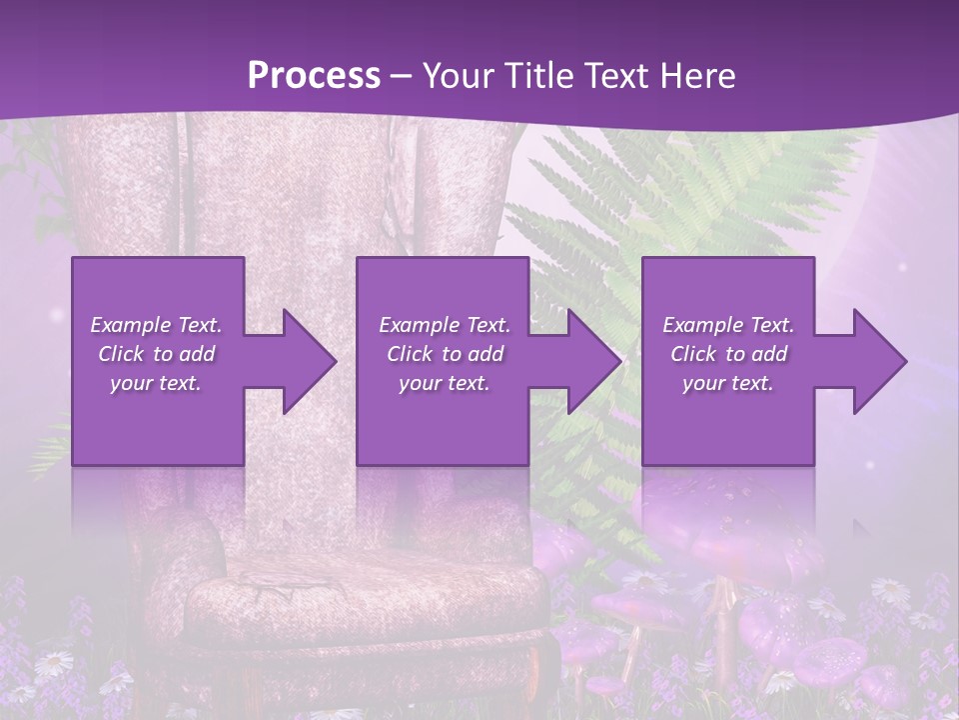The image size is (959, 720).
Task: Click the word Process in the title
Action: pyautogui.click(x=314, y=76)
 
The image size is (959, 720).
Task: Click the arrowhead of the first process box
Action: pyautogui.click(x=305, y=361)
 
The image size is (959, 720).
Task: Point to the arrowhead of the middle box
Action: pyautogui.click(x=589, y=361)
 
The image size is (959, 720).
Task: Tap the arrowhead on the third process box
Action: pyautogui.click(x=875, y=361)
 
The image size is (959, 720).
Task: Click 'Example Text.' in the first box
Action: pyautogui.click(x=157, y=325)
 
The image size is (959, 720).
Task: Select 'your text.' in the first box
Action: pyautogui.click(x=157, y=383)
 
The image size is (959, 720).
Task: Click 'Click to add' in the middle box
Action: pyautogui.click(x=445, y=354)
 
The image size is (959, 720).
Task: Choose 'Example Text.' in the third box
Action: pyautogui.click(x=728, y=325)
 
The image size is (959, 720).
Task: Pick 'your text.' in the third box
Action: pyautogui.click(x=728, y=383)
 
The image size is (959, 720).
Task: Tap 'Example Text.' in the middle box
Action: pyautogui.click(x=445, y=325)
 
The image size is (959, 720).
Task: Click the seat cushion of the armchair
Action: pyautogui.click(x=360, y=595)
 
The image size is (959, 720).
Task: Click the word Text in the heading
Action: pyautogui.click(x=620, y=76)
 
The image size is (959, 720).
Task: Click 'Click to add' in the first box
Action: pyautogui.click(x=157, y=354)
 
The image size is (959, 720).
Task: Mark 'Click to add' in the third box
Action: pyautogui.click(x=728, y=354)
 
